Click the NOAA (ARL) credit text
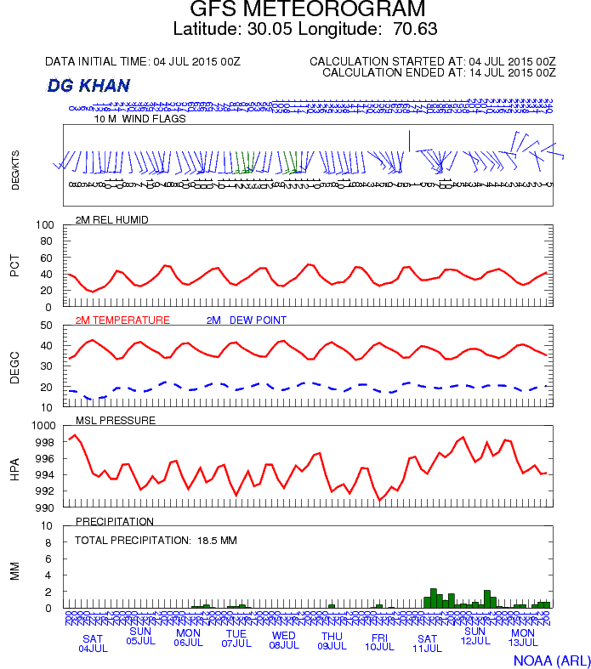point(551,659)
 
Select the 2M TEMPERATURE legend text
point(122,320)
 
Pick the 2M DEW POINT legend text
point(247,320)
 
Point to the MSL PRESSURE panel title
point(116,421)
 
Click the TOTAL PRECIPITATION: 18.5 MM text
point(156,540)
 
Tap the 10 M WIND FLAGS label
point(139,119)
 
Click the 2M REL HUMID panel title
point(111,220)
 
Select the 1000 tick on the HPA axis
point(43,426)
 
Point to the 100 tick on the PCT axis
point(45,225)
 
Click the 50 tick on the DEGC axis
point(48,326)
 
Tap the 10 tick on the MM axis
point(48,526)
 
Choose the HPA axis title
point(14,468)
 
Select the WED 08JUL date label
point(284,640)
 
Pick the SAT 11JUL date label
point(428,643)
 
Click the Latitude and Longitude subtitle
point(305,29)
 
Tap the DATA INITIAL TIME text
point(143,62)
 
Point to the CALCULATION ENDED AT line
point(439,73)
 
